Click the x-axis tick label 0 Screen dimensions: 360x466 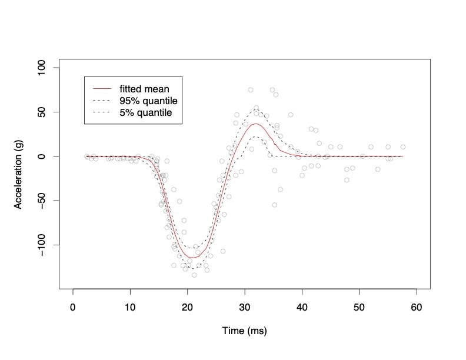(73, 306)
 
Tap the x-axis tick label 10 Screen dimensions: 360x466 (130, 306)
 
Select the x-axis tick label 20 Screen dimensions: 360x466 (188, 306)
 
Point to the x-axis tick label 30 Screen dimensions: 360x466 (245, 306)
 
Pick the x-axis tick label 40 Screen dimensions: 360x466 (302, 306)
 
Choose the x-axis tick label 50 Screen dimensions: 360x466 (360, 306)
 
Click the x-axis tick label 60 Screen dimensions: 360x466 (417, 306)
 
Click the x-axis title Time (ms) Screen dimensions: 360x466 (245, 331)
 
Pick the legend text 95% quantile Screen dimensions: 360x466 (145, 101)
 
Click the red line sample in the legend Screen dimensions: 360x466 (102, 89)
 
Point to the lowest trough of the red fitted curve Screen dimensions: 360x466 (191, 258)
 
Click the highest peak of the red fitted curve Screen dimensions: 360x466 (256, 124)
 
